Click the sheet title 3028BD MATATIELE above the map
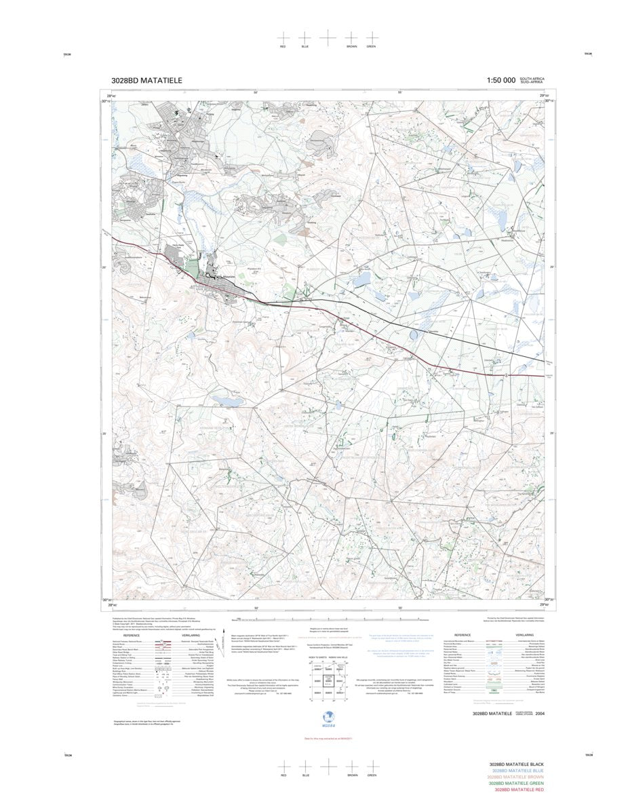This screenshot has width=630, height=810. (x=146, y=81)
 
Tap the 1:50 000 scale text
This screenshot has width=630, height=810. (x=500, y=81)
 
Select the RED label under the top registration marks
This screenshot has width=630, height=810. (x=283, y=46)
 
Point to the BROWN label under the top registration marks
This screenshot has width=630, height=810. (x=351, y=46)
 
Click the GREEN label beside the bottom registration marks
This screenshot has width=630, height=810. (x=372, y=775)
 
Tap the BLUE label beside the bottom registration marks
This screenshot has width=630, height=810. (x=305, y=775)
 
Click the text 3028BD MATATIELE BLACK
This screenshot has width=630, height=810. (x=517, y=765)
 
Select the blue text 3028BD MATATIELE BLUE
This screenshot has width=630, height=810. (x=518, y=771)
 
